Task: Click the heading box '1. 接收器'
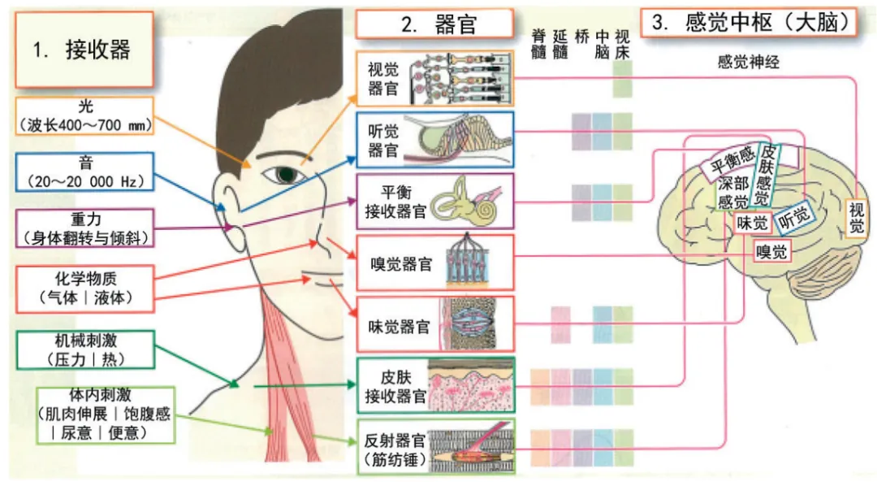[82, 50]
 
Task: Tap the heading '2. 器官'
[434, 24]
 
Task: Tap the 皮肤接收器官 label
[395, 387]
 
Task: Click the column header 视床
[623, 43]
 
